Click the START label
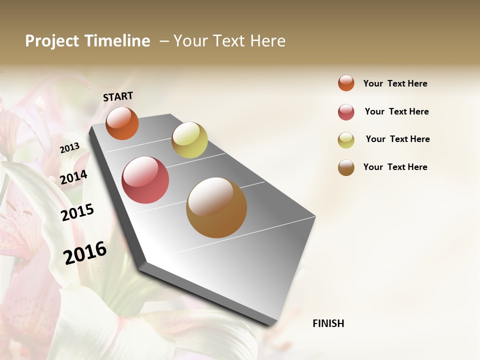118,96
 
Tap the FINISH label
328,323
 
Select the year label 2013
69,147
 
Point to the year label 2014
73,177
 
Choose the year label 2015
77,212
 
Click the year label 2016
85,252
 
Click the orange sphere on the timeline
122,123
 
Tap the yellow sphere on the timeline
189,140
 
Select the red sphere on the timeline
145,180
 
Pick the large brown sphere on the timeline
216,207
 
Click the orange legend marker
346,83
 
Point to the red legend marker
346,112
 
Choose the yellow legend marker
346,140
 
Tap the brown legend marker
346,167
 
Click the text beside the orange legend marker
395,83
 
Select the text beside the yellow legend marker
397,139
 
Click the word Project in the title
52,41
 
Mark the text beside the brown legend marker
395,167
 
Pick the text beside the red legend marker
396,111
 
